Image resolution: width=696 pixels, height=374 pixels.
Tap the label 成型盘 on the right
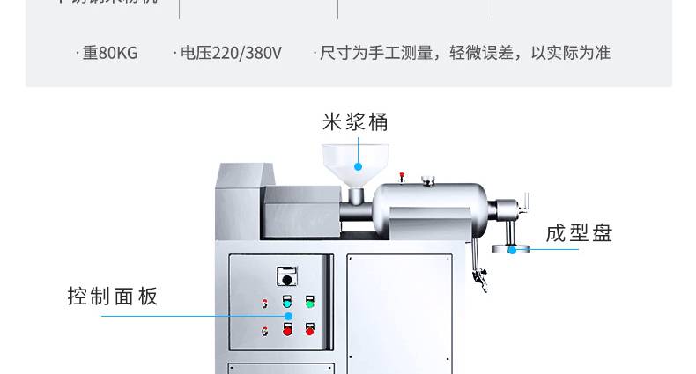coord(579,233)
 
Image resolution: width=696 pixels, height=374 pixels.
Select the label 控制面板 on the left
coord(113,297)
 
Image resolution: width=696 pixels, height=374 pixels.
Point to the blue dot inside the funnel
coord(359,165)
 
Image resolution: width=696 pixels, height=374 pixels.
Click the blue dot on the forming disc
coord(512,250)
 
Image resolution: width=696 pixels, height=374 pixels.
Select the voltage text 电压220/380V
coord(229,53)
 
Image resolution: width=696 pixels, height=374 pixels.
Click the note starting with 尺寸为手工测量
coord(463,53)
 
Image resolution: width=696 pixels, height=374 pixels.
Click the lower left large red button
coord(287,330)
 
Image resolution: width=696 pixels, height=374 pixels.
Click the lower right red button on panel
coord(310,330)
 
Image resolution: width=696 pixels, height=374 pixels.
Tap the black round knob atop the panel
coord(286,280)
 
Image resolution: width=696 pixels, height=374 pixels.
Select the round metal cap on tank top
coord(429,181)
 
